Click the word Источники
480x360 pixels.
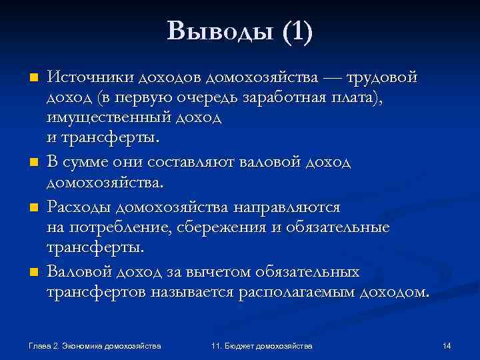point(91,77)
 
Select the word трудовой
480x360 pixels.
point(381,77)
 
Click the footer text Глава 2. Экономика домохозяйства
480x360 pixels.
point(95,345)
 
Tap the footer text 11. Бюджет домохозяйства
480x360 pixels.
point(261,345)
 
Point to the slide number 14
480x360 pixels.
point(447,345)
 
